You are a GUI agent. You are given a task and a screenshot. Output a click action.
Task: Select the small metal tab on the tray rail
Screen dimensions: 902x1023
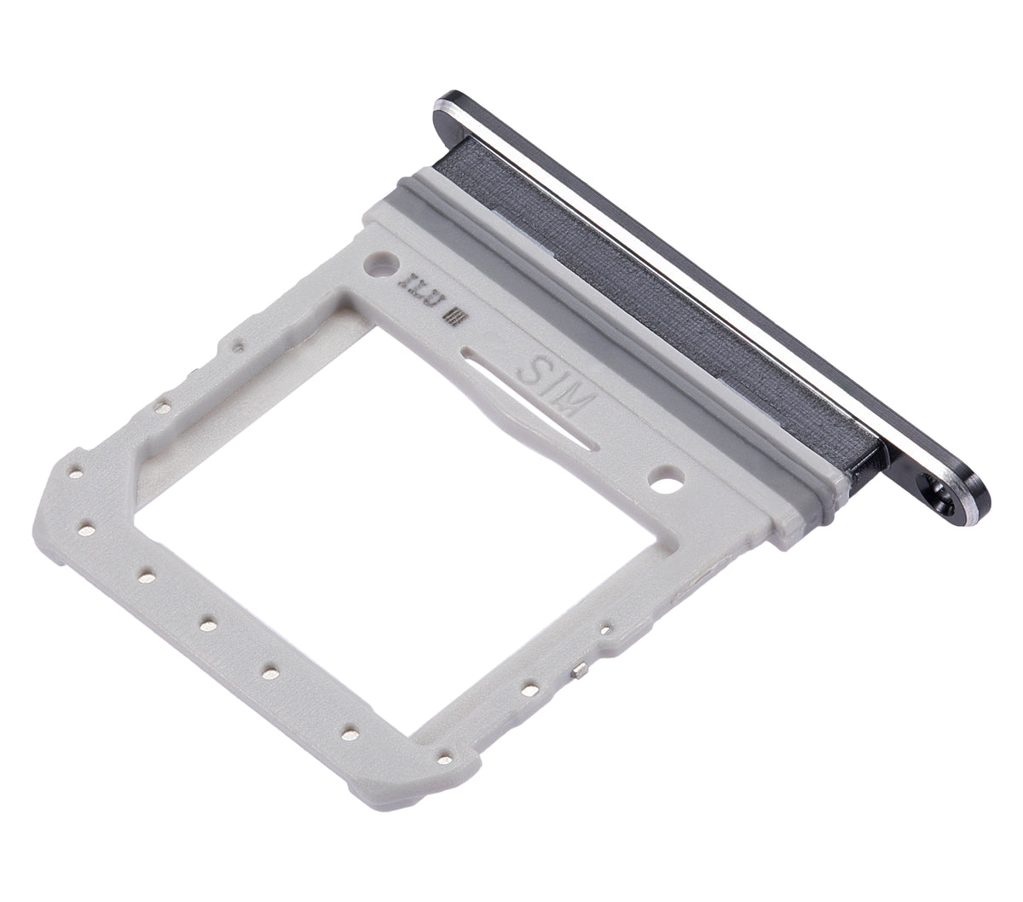click(x=580, y=673)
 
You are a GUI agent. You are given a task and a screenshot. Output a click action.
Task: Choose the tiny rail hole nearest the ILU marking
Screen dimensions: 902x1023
click(x=240, y=344)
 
